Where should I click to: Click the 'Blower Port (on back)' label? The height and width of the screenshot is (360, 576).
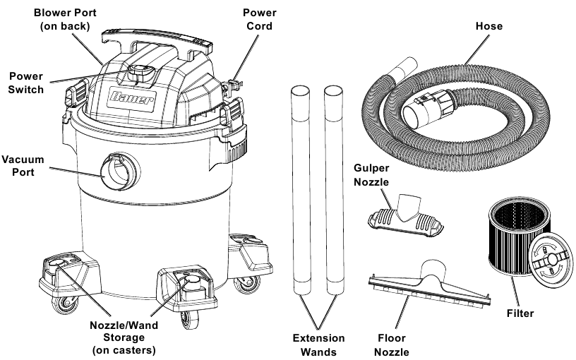click(x=64, y=19)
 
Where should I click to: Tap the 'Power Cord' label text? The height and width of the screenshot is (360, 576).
click(x=260, y=19)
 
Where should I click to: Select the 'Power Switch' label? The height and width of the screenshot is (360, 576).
click(x=25, y=82)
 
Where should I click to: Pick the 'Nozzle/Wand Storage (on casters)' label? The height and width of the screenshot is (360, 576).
click(x=124, y=337)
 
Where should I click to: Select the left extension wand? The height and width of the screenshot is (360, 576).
click(x=299, y=191)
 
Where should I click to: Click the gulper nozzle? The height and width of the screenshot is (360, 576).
click(x=405, y=215)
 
